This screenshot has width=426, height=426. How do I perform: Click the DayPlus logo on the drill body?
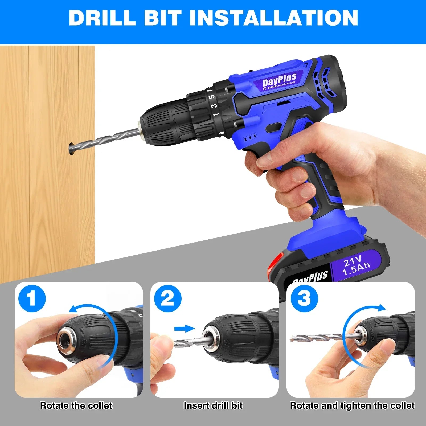(279, 79)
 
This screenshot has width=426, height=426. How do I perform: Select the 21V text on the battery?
(352, 261)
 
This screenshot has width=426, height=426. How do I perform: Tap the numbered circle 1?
(32, 298)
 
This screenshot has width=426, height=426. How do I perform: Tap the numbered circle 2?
(168, 298)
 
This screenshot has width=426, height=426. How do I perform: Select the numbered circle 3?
(304, 298)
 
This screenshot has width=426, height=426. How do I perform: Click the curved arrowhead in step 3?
(381, 308)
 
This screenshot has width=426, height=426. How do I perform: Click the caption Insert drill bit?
(213, 405)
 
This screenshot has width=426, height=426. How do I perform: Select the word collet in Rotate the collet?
(100, 405)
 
